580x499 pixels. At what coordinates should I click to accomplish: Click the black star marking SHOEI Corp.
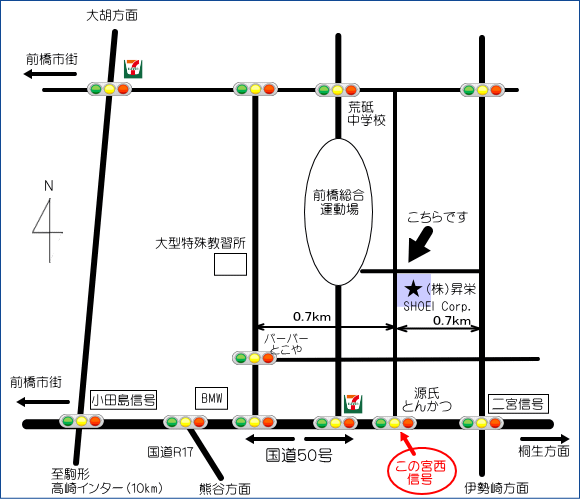click(413, 289)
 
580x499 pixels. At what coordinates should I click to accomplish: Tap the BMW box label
click(212, 398)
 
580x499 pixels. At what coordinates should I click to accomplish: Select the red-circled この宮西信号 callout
click(421, 472)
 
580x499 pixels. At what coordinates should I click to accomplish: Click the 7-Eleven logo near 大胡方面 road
click(133, 69)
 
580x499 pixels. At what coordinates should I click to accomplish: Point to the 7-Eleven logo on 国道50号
click(353, 404)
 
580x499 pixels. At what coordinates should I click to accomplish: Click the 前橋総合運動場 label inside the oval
click(338, 202)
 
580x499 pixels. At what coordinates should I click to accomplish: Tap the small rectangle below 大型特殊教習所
click(230, 264)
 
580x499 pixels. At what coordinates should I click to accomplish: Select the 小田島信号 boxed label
click(124, 399)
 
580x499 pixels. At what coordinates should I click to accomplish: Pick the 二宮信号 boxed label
click(518, 404)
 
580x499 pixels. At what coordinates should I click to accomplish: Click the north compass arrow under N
click(49, 230)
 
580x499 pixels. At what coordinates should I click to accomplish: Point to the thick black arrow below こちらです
click(419, 245)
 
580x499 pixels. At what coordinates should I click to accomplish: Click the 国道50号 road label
click(299, 455)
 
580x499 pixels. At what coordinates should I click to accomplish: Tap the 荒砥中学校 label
click(366, 114)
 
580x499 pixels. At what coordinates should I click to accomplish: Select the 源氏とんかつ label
click(427, 399)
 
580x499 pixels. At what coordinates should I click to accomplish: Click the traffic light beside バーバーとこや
click(254, 358)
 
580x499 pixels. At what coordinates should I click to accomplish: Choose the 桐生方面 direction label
click(544, 451)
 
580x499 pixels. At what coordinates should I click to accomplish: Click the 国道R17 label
click(171, 452)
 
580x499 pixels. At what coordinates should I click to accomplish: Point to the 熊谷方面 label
click(225, 489)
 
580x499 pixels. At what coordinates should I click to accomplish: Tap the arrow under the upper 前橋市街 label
click(50, 74)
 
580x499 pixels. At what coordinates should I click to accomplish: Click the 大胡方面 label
click(112, 16)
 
